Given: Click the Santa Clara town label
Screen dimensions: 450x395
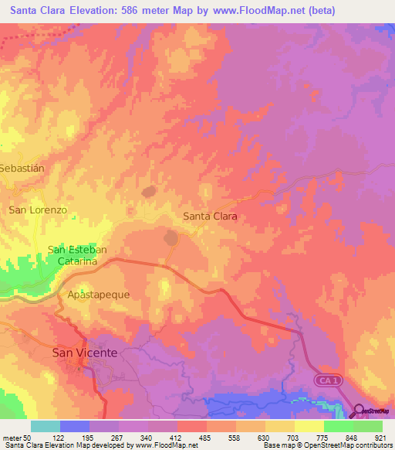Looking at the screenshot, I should coord(210,216).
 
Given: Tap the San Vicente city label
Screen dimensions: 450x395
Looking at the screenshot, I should coord(85,353).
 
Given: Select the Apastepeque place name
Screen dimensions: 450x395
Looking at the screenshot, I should coord(99,295).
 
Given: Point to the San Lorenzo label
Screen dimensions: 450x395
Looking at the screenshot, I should coord(39,210).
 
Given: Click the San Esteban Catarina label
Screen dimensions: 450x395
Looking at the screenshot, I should coord(77,256).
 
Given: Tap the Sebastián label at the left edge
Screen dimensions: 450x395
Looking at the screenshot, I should coord(20,167).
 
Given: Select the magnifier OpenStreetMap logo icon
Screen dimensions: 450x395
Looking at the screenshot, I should coord(360,411).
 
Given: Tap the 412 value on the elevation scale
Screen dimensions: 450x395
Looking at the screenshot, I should coord(177,438).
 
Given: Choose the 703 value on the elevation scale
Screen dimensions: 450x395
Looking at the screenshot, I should coord(295,438).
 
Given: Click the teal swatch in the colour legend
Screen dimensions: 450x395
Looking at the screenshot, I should coord(46,426).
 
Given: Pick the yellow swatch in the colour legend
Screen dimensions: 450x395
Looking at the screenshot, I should coord(309,426).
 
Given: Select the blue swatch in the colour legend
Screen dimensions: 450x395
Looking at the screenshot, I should coord(75,426).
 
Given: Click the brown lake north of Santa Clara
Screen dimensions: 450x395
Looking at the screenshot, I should coord(149,189).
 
